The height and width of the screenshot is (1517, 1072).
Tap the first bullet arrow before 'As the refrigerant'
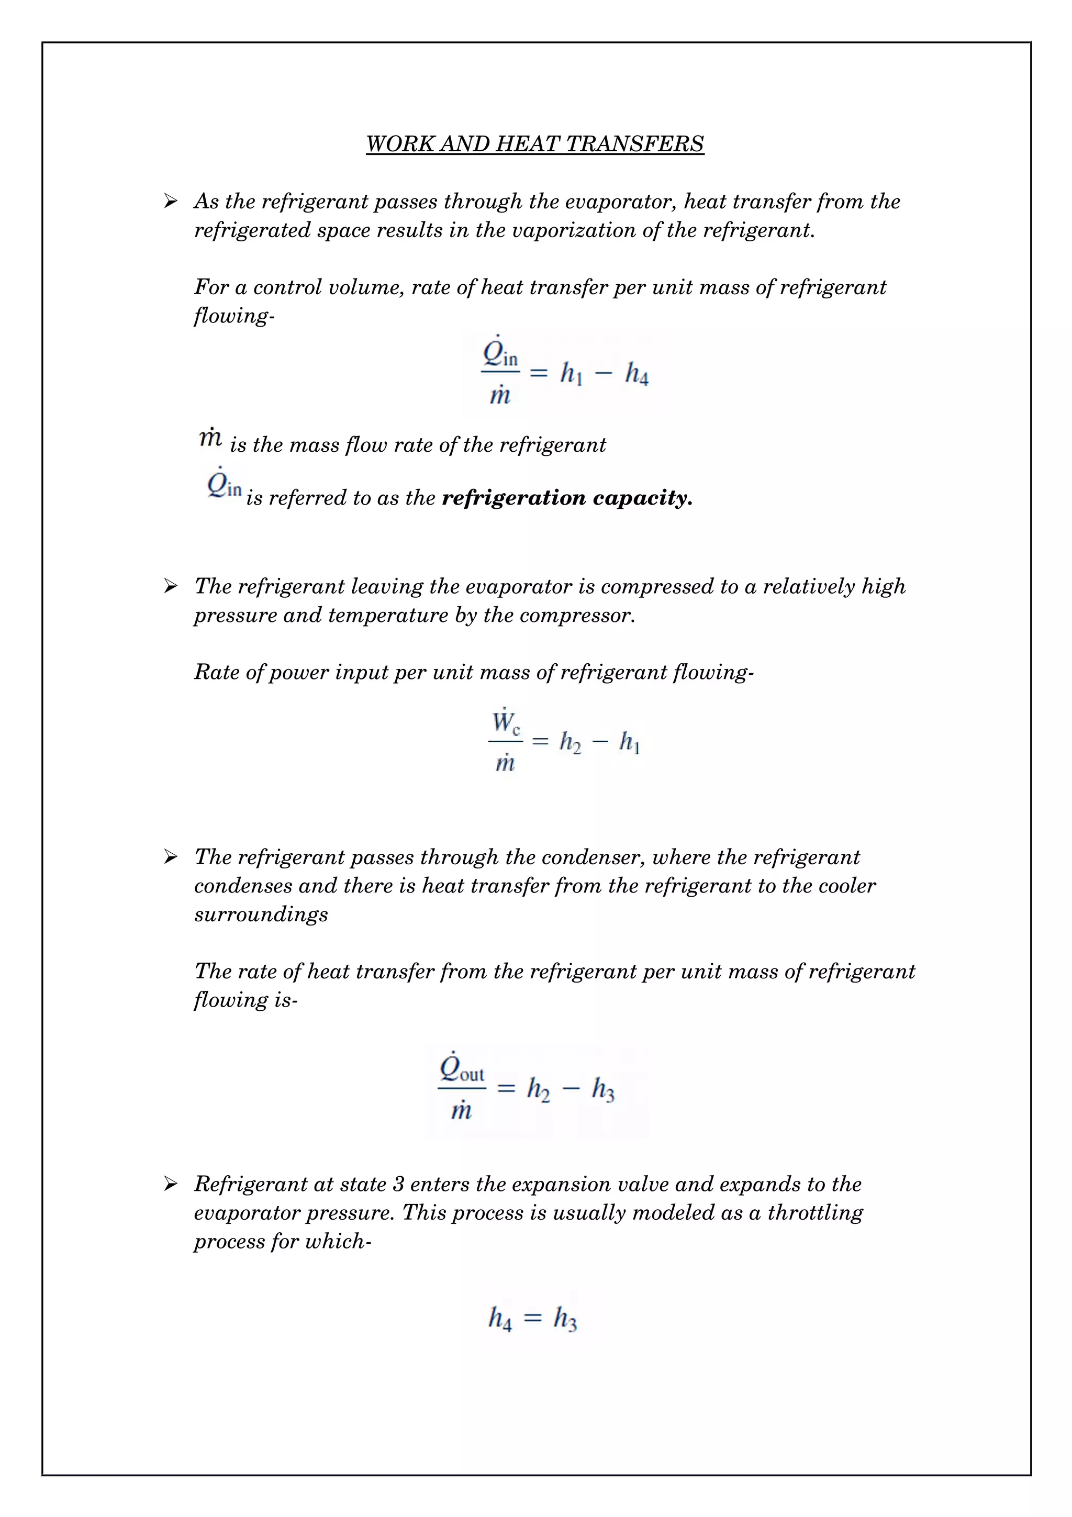tap(171, 201)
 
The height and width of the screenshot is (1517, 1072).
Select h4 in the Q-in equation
tap(636, 374)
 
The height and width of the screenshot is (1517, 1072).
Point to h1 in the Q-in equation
tap(571, 374)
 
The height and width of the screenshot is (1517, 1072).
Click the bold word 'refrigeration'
tap(513, 497)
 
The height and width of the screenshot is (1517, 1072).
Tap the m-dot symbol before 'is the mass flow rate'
tap(210, 438)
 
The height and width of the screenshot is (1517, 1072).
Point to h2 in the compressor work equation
tap(570, 742)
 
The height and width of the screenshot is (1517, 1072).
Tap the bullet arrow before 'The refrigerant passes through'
tap(171, 857)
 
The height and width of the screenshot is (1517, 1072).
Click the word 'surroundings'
tap(261, 914)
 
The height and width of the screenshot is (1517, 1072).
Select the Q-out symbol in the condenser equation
tap(462, 1069)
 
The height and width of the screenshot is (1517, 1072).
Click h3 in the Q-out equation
tap(602, 1089)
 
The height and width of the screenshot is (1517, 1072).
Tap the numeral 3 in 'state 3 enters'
tap(398, 1184)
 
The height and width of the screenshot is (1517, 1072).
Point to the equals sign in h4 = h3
tap(532, 1319)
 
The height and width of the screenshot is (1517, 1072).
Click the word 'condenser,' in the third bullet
tap(575, 857)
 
